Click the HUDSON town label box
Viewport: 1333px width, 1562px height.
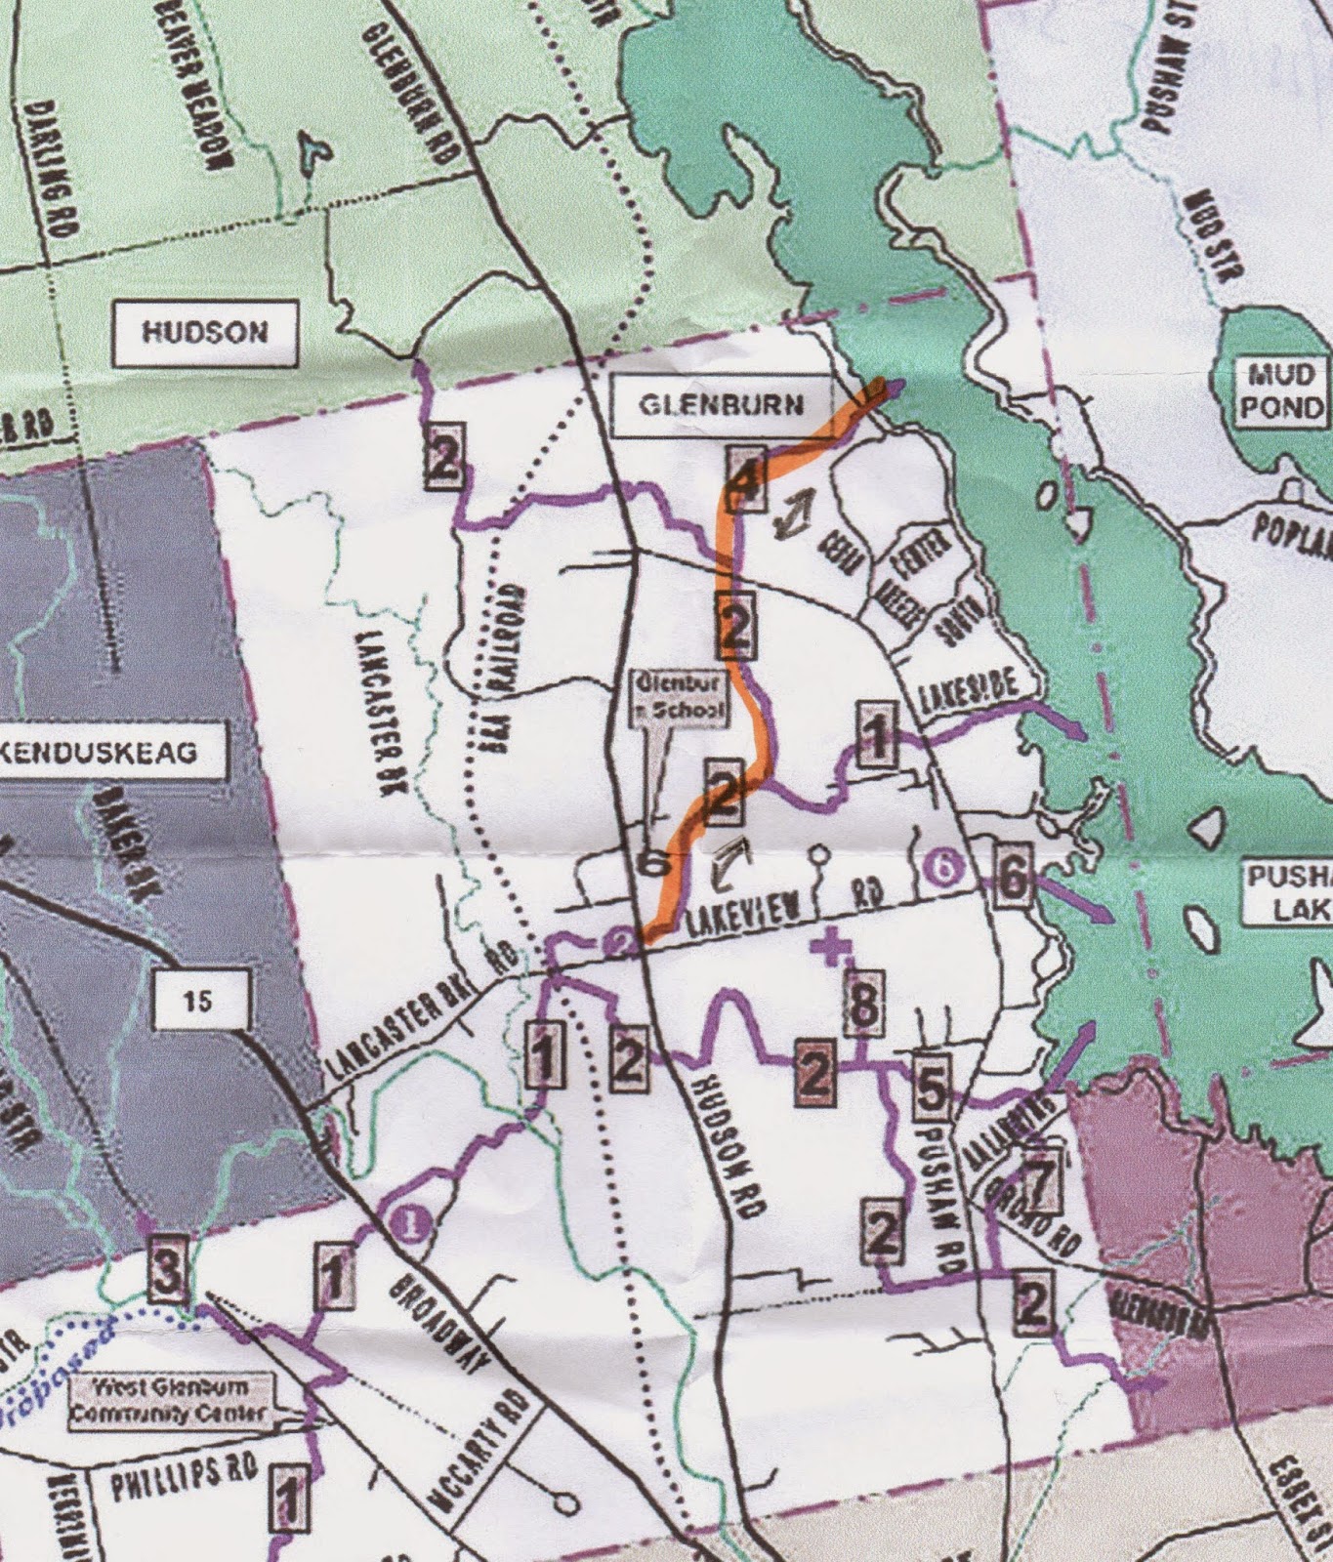205,333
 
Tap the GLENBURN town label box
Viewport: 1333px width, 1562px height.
722,405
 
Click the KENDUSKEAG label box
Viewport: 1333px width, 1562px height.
112,753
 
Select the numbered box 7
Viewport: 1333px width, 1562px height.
1039,1185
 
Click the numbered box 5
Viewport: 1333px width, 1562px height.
933,1085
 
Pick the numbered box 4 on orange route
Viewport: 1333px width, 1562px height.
744,478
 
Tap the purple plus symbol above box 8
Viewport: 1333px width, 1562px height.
831,946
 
